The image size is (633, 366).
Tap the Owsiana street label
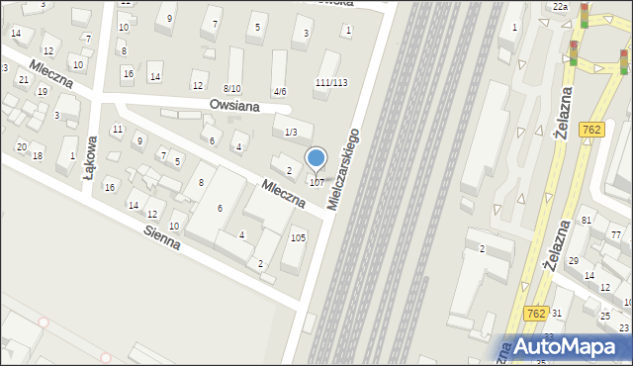tap(234, 104)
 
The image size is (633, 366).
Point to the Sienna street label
tap(161, 235)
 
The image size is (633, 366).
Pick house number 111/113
tap(331, 82)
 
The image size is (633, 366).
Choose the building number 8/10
tap(231, 89)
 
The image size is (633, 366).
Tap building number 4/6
tap(280, 92)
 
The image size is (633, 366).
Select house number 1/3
tap(290, 132)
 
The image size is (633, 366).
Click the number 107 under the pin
tap(316, 182)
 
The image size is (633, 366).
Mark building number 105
tap(298, 237)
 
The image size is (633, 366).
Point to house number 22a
tap(561, 7)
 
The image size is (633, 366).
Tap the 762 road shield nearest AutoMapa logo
tap(534, 312)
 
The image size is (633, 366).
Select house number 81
tap(587, 220)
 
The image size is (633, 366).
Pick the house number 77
tap(616, 234)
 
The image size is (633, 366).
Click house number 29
tap(573, 260)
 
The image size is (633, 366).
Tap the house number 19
tap(42, 91)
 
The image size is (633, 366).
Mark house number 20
tap(21, 146)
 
